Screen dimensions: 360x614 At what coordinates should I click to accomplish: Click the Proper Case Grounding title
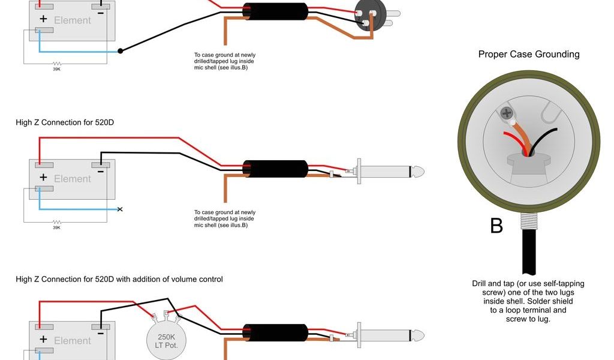[529, 55]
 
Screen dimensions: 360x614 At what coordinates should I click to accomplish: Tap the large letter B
[496, 226]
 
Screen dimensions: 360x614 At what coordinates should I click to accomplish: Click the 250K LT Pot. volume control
[166, 340]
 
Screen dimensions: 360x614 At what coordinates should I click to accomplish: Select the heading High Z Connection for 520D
[65, 122]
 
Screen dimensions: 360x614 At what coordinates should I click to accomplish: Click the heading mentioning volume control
[119, 279]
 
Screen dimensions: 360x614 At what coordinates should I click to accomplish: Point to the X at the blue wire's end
[120, 209]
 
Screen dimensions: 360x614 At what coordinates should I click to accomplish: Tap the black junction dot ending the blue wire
[121, 51]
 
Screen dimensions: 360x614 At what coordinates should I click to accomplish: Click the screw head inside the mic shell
[506, 113]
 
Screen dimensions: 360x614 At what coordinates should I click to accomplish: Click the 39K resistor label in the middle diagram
[56, 227]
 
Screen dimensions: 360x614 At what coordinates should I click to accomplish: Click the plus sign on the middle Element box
[43, 178]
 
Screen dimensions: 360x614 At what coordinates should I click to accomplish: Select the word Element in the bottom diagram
[73, 341]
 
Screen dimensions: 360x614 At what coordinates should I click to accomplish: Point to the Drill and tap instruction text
[528, 301]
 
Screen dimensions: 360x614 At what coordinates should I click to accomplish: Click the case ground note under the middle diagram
[224, 218]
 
